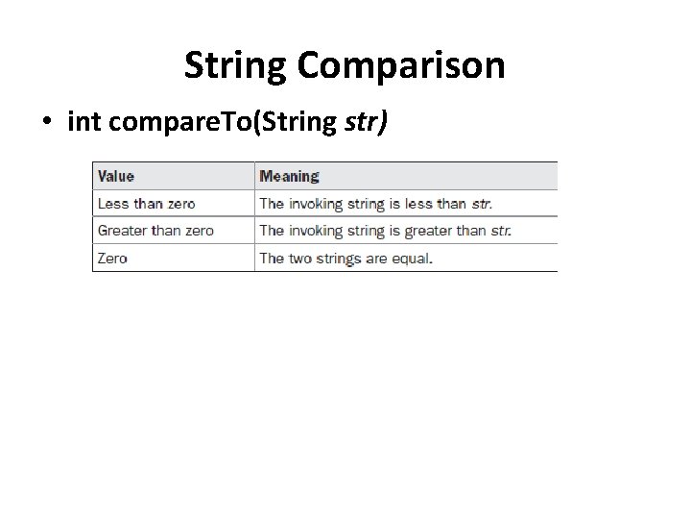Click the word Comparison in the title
(x=401, y=66)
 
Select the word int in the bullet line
(x=85, y=122)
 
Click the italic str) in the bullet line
(x=365, y=122)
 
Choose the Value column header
(x=116, y=176)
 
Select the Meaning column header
(x=289, y=176)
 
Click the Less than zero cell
(x=146, y=203)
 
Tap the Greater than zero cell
(x=155, y=231)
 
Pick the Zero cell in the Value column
(x=112, y=258)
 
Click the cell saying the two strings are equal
(x=345, y=258)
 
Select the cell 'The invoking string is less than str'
(x=375, y=203)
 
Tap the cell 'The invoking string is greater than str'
(x=385, y=231)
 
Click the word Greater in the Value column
(x=123, y=231)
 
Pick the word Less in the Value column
(x=112, y=203)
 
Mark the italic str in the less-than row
(x=481, y=203)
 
